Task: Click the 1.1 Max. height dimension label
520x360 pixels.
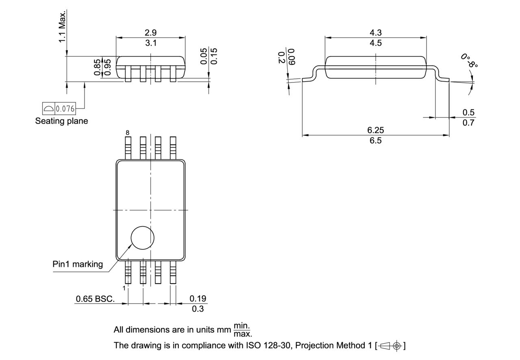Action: point(62,27)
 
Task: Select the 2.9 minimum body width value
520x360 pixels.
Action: point(151,33)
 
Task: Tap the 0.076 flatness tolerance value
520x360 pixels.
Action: point(65,109)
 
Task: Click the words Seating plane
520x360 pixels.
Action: point(61,121)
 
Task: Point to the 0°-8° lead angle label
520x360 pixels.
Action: point(469,60)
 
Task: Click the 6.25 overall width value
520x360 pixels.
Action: point(375,130)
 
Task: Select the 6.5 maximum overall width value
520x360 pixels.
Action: point(375,141)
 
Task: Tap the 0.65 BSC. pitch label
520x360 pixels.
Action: point(95,299)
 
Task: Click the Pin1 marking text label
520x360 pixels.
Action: point(78,264)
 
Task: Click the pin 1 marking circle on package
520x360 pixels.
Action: point(143,237)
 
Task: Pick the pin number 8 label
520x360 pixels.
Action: point(128,133)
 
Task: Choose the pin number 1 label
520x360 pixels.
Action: point(124,288)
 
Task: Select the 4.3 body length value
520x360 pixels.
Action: point(375,33)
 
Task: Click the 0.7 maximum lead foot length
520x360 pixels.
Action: point(468,123)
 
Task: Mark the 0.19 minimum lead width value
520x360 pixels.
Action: point(198,299)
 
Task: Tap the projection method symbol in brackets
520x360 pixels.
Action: point(390,346)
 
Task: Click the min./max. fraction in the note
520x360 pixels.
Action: point(243,330)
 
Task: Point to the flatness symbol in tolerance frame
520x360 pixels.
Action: point(48,109)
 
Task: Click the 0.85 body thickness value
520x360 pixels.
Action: point(97,67)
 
